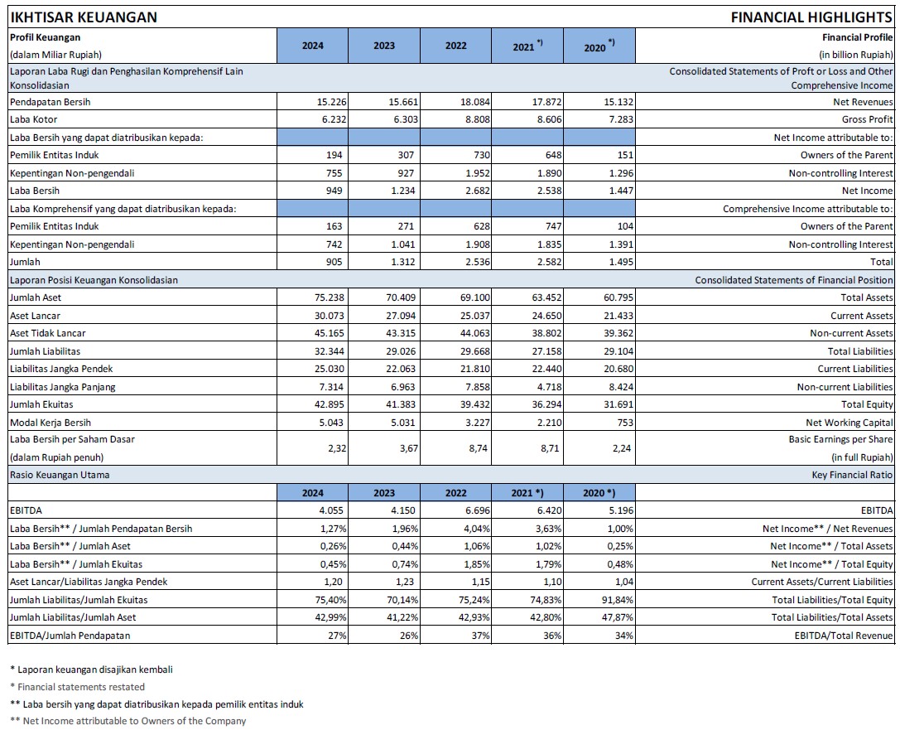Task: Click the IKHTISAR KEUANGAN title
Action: (x=84, y=17)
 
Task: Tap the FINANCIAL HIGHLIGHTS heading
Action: (x=811, y=17)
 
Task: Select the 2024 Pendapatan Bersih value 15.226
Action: (x=332, y=102)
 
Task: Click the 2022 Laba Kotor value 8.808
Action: (x=475, y=119)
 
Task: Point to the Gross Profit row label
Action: (x=867, y=119)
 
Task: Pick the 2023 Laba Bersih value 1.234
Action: (x=403, y=191)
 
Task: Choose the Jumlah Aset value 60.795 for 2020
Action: (x=618, y=297)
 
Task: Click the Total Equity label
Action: (x=867, y=404)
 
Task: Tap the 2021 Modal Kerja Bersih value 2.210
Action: (x=549, y=423)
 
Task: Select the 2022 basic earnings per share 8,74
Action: (x=478, y=448)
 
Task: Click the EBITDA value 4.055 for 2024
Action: (x=331, y=510)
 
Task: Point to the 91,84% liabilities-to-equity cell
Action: (x=620, y=600)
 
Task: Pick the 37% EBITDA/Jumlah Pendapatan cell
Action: (x=481, y=636)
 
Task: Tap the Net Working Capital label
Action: (x=849, y=423)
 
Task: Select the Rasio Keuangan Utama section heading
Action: (x=60, y=475)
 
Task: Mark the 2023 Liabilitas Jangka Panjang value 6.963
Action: (x=403, y=387)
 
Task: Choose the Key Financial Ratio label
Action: (x=852, y=475)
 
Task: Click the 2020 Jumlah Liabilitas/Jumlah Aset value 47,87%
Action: (x=620, y=617)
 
